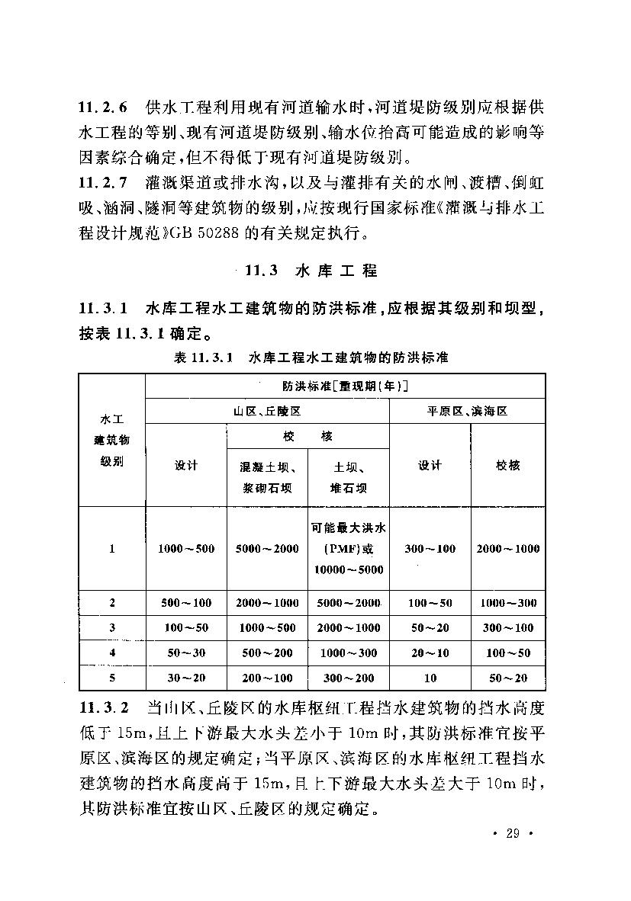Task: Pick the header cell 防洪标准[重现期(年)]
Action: coord(346,386)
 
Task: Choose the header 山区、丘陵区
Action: coord(267,410)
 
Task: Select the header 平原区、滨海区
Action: coord(467,410)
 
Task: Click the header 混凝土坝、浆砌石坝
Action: coord(267,478)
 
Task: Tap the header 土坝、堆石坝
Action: coord(348,478)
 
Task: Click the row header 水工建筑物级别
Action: coord(112,440)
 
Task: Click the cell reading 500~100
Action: coord(186,603)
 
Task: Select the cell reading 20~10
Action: coord(430,653)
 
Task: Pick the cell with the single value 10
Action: coord(430,678)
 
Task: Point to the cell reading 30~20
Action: coord(186,678)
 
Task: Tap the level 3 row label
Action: coord(112,628)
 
